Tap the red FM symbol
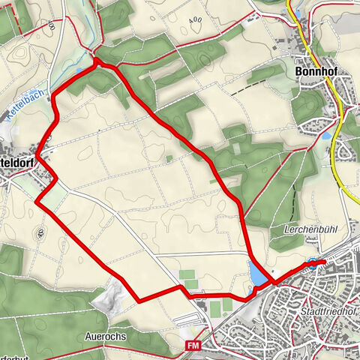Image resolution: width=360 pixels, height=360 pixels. click(x=193, y=344)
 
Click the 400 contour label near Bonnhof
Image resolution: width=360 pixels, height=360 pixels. click(x=196, y=19)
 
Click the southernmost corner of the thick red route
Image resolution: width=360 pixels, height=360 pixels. click(x=140, y=301)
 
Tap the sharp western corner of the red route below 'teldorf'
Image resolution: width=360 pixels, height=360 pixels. click(x=36, y=201)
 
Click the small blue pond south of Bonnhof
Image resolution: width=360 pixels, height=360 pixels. click(x=327, y=137)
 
